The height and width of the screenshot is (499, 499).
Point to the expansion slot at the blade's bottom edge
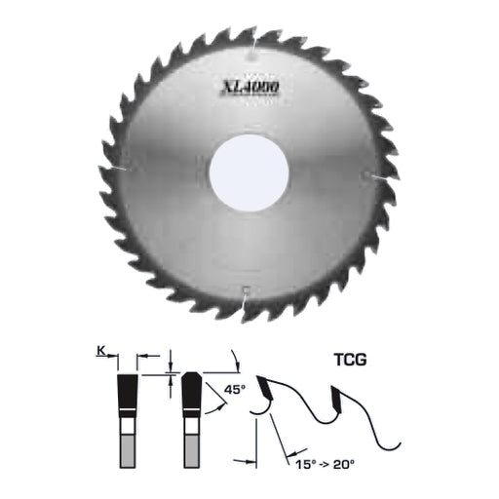click(245, 294)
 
